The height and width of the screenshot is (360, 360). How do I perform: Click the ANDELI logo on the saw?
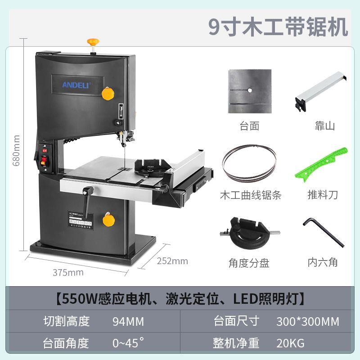pyautogui.click(x=76, y=84)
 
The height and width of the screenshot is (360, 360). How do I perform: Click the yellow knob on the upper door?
pyautogui.click(x=108, y=93)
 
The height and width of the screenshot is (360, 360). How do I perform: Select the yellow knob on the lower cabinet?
pyautogui.click(x=108, y=220)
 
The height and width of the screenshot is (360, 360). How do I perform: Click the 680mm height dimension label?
pyautogui.click(x=17, y=151)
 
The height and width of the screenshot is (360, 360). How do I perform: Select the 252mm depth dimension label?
pyautogui.click(x=172, y=261)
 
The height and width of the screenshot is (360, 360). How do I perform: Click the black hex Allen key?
pyautogui.click(x=323, y=232)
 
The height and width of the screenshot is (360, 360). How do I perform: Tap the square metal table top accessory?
pyautogui.click(x=249, y=93)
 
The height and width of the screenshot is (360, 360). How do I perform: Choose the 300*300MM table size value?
pyautogui.click(x=307, y=321)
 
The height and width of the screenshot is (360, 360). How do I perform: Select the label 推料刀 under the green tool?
pyautogui.click(x=322, y=195)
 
